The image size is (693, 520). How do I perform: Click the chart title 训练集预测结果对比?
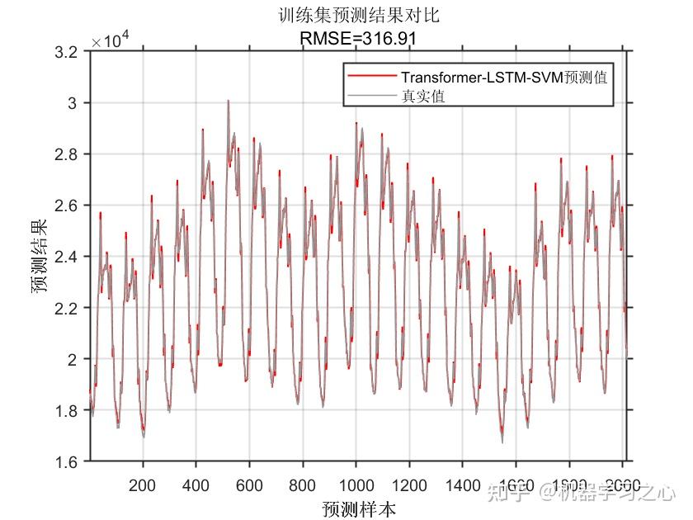pos(360,16)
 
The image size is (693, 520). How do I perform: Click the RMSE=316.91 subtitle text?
pos(360,37)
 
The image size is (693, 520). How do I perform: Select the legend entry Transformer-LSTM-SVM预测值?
pos(506,78)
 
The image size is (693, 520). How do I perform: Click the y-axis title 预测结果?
pos(40,257)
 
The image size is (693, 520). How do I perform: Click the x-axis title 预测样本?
pos(359,508)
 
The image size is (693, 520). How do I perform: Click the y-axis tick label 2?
pos(75,359)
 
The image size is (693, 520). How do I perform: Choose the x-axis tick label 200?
pos(143,485)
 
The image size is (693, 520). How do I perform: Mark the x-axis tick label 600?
pos(250,485)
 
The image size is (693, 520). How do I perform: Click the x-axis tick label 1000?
pos(356,485)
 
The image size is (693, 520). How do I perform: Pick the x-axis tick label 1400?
pos(463,485)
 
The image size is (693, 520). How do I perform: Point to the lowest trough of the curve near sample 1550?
pos(502,442)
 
